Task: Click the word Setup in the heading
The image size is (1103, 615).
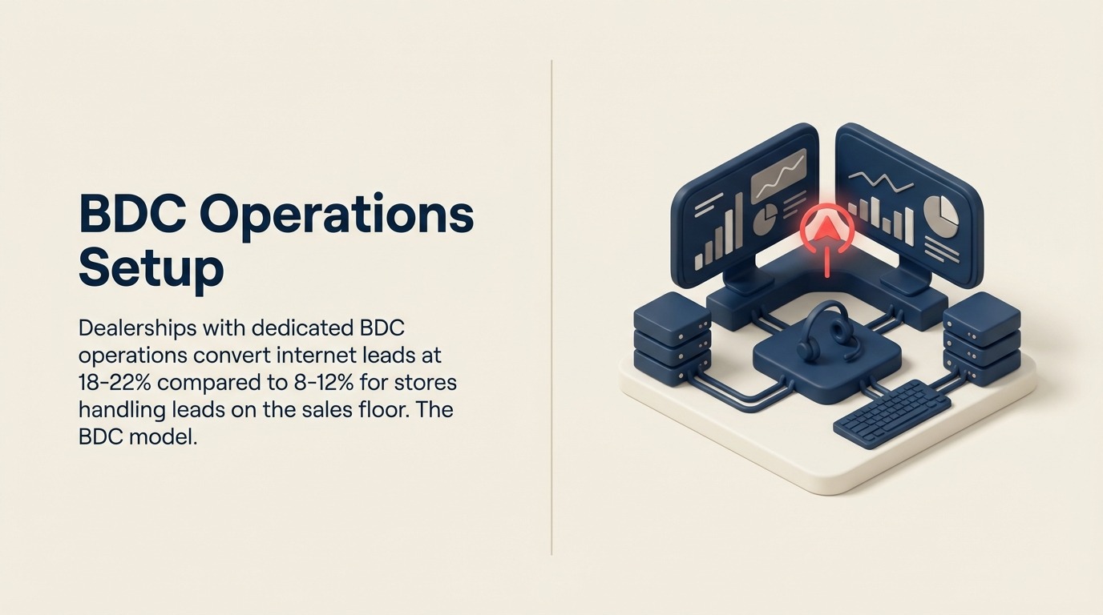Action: [151, 267]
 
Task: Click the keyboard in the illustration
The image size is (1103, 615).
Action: [891, 410]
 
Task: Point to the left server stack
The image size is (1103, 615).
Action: [672, 340]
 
